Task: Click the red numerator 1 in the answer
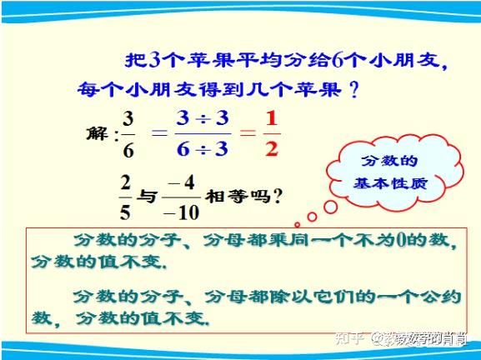272,118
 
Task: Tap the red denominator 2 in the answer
272,149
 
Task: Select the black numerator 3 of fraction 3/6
128,119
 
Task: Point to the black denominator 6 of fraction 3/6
128,150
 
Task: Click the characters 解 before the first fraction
98,133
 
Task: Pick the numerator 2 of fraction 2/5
125,182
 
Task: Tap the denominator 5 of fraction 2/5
125,212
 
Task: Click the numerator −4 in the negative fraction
181,182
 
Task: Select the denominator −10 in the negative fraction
181,212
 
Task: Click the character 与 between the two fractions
148,197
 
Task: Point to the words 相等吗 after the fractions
238,197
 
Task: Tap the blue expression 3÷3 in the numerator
203,118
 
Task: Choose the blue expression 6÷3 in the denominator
203,149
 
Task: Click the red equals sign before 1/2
248,132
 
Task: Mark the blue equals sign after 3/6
160,132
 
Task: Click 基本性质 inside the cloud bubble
390,183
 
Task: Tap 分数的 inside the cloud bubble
389,160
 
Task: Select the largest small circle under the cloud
331,207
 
